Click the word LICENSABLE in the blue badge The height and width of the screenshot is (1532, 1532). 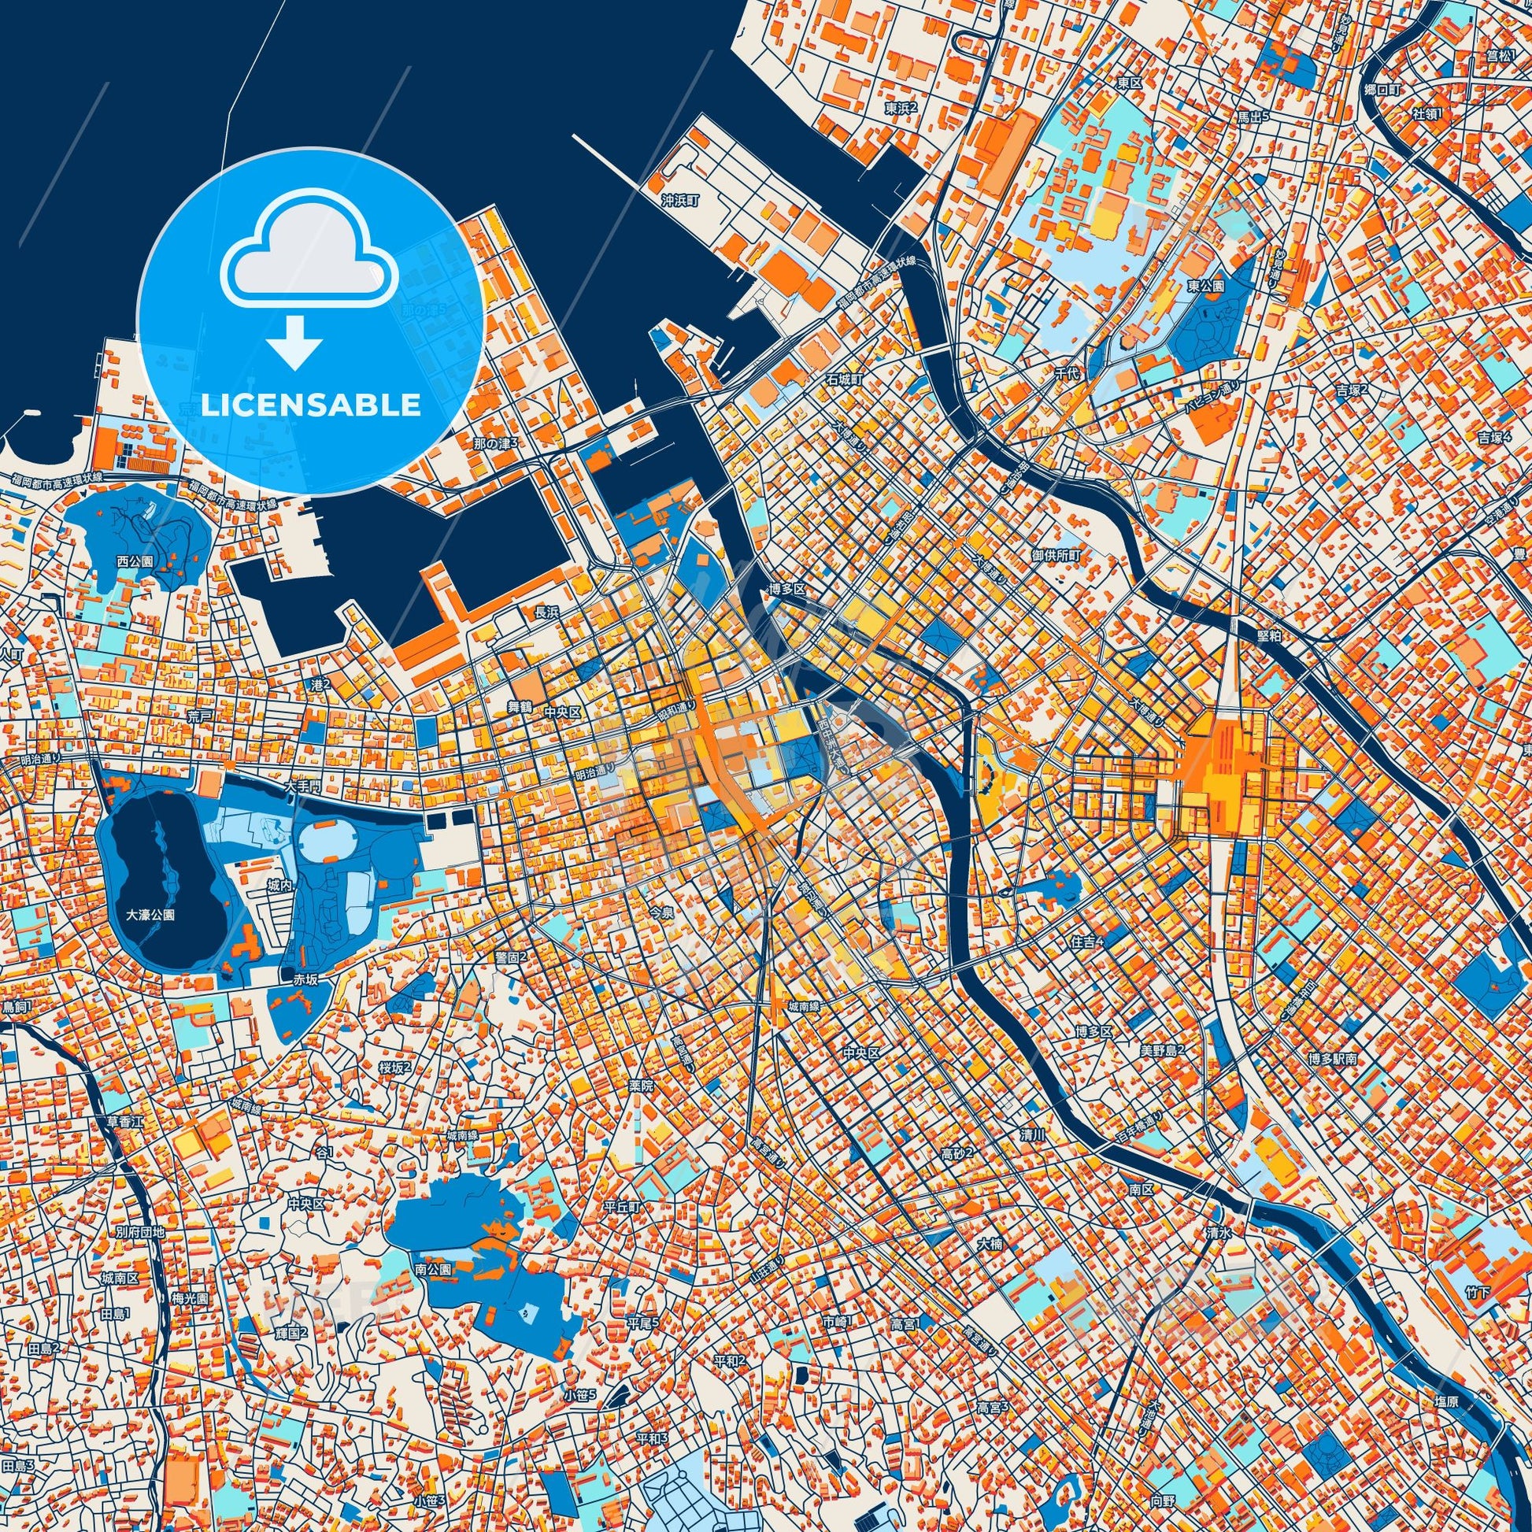coord(311,405)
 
